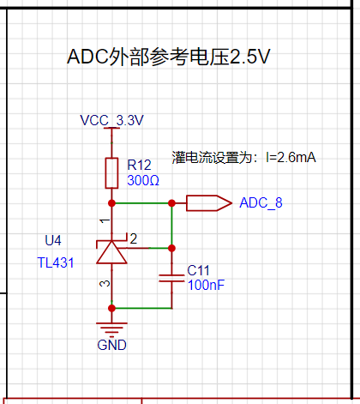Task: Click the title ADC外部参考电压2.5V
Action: point(169,57)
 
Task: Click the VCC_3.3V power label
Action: point(111,120)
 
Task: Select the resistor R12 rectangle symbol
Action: point(111,173)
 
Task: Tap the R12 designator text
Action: point(139,165)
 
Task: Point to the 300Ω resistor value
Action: point(143,180)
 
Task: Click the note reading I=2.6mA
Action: point(291,157)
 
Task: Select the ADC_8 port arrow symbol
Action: point(209,203)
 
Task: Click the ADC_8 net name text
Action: point(261,202)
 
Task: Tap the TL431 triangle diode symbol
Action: point(111,252)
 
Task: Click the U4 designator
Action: point(53,240)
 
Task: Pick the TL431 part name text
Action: point(56,262)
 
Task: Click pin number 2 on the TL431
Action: point(134,238)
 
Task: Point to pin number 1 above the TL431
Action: point(105,221)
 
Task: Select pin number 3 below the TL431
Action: point(105,283)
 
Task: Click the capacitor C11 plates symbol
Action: point(171,279)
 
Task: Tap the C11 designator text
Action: point(198,270)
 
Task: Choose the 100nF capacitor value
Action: point(206,285)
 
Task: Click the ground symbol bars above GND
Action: point(111,329)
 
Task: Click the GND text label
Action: point(111,345)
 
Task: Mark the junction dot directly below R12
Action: point(111,203)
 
